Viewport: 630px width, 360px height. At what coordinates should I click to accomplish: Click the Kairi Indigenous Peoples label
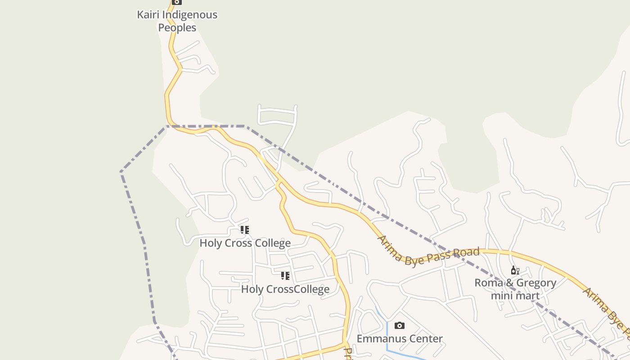tap(177, 21)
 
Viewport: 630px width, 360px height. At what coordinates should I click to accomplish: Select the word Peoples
tap(177, 28)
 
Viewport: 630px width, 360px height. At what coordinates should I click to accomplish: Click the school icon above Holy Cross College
tap(245, 230)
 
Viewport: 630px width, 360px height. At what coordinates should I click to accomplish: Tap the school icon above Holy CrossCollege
tap(285, 276)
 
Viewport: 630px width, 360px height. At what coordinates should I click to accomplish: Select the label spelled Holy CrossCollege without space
tap(285, 289)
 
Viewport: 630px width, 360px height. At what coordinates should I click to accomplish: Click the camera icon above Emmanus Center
tap(399, 325)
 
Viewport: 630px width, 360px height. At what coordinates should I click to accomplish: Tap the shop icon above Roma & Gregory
tap(515, 270)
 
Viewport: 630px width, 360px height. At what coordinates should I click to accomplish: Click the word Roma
tap(488, 283)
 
